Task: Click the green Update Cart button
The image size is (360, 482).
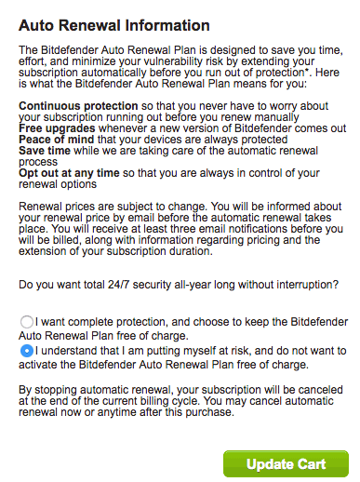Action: coord(286,462)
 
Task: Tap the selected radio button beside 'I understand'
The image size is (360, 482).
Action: coord(26,351)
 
